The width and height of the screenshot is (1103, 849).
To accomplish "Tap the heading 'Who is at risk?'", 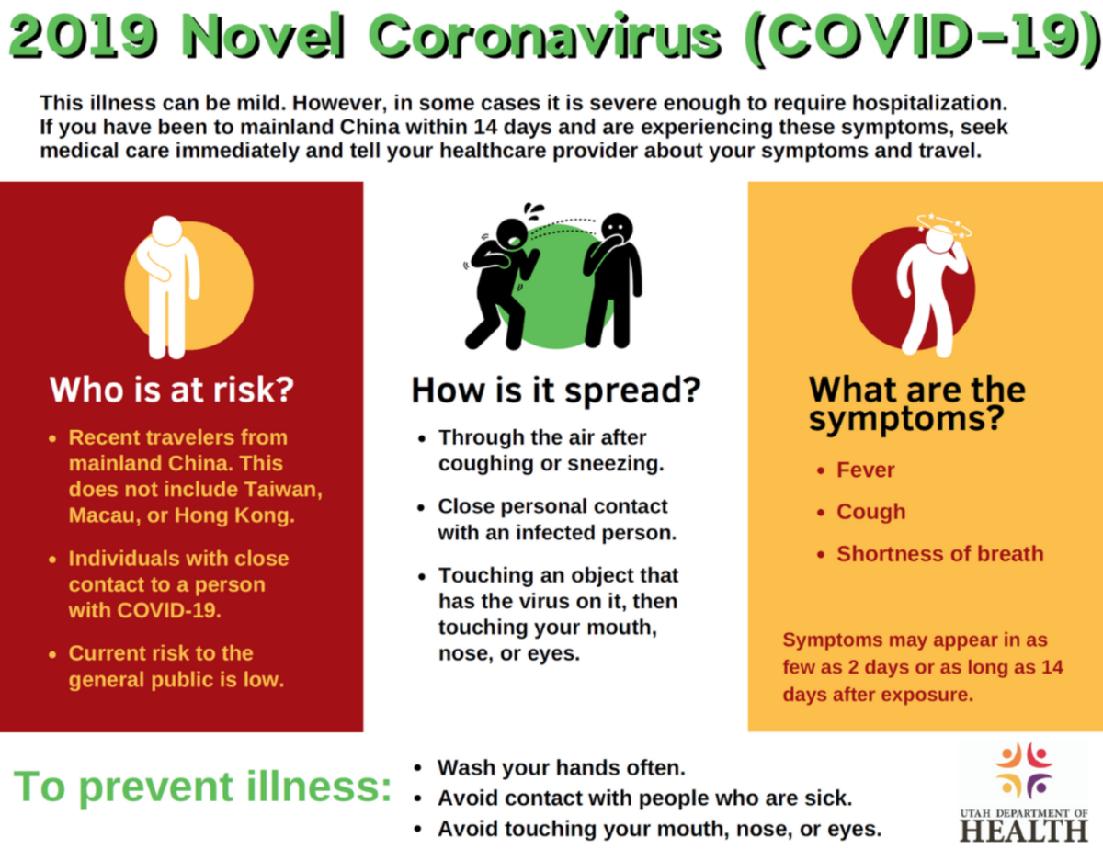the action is click(172, 390).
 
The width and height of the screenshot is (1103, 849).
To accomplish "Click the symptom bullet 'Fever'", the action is click(865, 470).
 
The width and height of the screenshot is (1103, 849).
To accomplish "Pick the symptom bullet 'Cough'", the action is click(871, 512).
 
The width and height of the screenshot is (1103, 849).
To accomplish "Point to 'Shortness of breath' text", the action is click(940, 554).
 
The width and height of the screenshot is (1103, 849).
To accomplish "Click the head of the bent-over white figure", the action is click(166, 232).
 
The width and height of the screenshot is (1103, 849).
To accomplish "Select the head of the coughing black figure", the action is click(513, 235).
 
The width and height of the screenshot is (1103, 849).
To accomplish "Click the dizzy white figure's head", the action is click(941, 241).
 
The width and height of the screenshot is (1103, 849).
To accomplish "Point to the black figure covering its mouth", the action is click(613, 280).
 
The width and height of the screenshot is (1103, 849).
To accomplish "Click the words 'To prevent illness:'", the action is click(202, 787).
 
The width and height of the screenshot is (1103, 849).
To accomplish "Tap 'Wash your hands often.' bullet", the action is click(562, 767).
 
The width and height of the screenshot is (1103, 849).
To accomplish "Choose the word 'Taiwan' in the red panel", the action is click(282, 490).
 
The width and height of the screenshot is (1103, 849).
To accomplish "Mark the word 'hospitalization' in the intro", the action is click(930, 104).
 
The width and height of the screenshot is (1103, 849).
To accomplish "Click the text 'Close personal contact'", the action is click(552, 506).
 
